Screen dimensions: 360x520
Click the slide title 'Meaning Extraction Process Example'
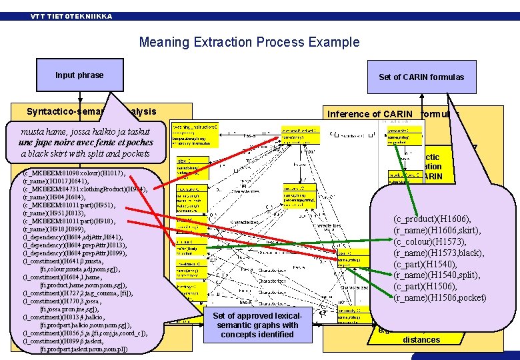coord(249,43)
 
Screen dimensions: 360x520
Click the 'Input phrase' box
coord(79,75)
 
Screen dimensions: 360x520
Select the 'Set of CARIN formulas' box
coord(421,77)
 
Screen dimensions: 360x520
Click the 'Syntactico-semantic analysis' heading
coord(91,112)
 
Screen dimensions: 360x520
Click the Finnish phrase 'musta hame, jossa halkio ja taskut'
coord(85,132)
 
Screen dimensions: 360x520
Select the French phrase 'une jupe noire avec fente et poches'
coord(86,143)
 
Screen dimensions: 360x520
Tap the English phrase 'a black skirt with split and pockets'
coord(86,153)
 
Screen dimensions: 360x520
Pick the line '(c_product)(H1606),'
coord(432,219)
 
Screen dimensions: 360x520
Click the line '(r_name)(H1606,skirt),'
coord(438,230)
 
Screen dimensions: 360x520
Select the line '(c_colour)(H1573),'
coord(429,241)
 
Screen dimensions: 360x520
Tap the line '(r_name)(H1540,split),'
coord(437,275)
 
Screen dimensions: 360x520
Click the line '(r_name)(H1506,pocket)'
coord(439,297)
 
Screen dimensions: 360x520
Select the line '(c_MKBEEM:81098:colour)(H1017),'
coord(73,173)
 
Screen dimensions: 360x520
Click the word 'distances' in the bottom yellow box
coord(421,340)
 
